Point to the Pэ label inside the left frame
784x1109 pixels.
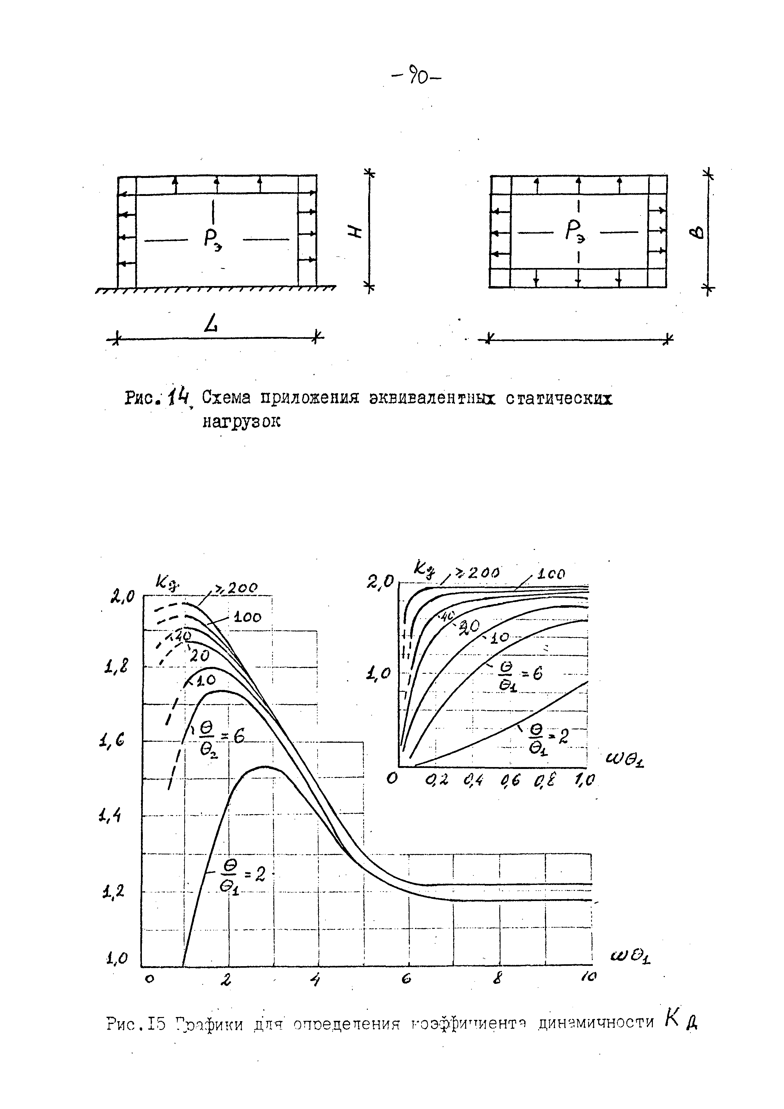(213, 241)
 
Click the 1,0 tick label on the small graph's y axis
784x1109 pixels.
(379, 673)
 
